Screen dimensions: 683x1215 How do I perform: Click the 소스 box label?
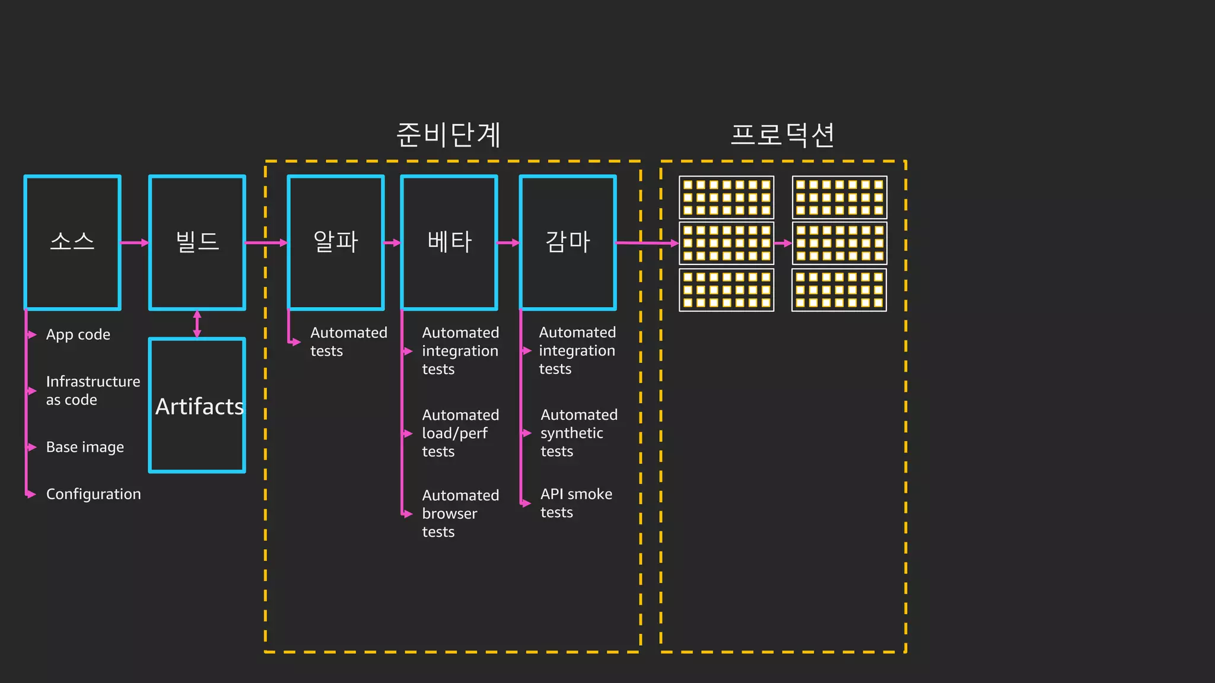tap(72, 241)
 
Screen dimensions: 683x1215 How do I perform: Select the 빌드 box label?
tap(198, 241)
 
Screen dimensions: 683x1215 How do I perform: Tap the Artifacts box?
tap(198, 406)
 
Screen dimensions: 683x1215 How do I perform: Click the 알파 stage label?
tap(336, 241)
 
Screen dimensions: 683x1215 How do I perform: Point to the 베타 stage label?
tap(449, 241)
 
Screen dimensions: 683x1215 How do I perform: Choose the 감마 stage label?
tap(568, 241)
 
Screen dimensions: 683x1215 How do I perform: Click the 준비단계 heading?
tap(449, 135)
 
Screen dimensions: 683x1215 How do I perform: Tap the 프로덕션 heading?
tap(783, 135)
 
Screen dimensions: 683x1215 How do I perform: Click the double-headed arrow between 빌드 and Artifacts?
tap(197, 324)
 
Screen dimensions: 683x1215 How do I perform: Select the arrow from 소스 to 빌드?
tap(135, 242)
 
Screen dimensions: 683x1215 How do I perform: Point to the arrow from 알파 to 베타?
tap(392, 242)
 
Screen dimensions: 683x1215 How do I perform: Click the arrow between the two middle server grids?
tap(783, 243)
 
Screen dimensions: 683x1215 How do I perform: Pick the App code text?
tap(78, 335)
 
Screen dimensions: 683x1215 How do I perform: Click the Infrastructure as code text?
tap(93, 390)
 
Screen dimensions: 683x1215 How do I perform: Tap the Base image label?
tap(85, 447)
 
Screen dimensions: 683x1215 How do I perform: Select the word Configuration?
tap(93, 494)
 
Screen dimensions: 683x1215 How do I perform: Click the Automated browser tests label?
tap(460, 513)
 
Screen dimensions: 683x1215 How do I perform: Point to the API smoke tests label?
tap(575, 503)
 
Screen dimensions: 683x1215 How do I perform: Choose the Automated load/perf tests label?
tap(460, 433)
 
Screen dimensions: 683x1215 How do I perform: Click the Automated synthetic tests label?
tap(578, 433)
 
